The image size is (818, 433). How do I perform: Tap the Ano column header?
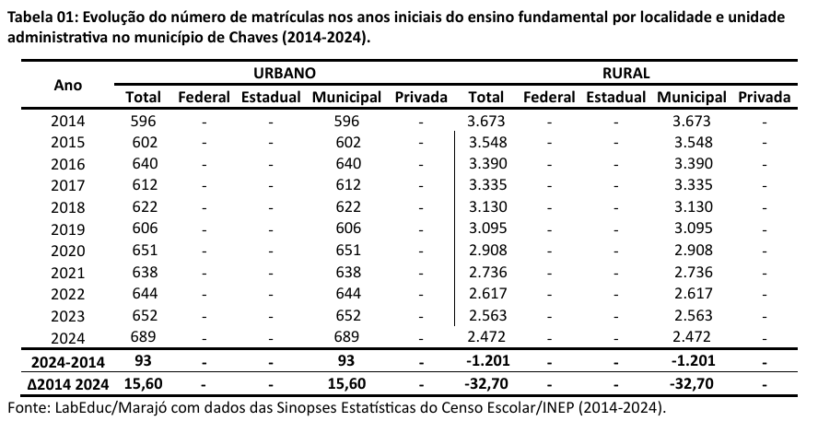coord(68,85)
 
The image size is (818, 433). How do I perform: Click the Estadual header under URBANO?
coord(270,97)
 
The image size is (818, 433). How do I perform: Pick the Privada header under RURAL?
coord(764,97)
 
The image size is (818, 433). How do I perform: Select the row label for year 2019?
coord(68,228)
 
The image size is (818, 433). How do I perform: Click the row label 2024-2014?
coord(68,360)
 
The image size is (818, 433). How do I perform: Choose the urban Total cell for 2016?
coord(145,163)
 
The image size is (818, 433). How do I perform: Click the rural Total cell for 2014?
coord(485,120)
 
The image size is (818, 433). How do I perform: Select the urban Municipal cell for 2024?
coord(347,337)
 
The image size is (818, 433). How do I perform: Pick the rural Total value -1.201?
coord(485,360)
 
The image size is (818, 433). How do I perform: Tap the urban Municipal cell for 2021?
coord(347,272)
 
